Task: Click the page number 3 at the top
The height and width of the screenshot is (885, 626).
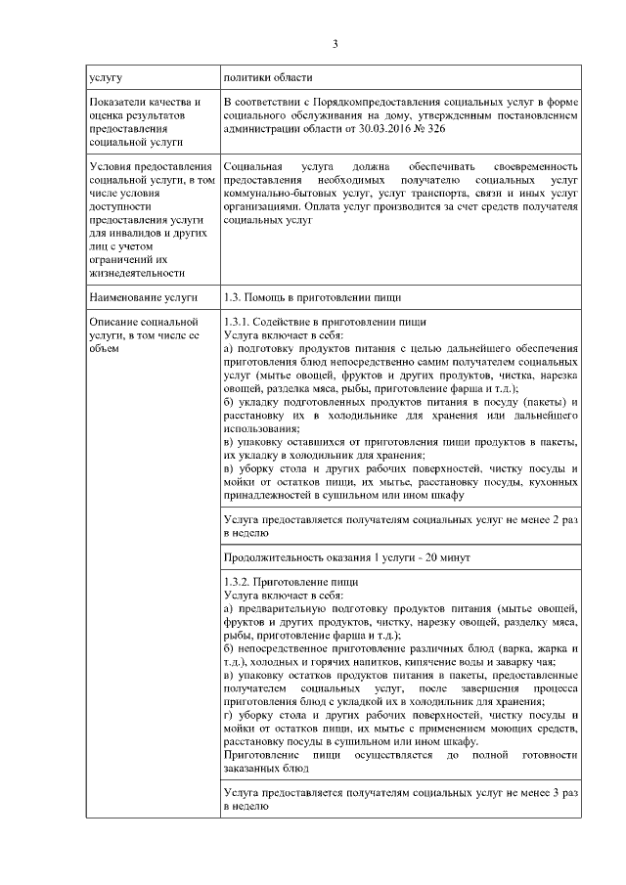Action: click(335, 44)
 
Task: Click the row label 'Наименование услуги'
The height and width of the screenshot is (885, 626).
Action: click(142, 295)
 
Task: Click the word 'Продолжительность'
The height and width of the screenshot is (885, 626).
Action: click(278, 556)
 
